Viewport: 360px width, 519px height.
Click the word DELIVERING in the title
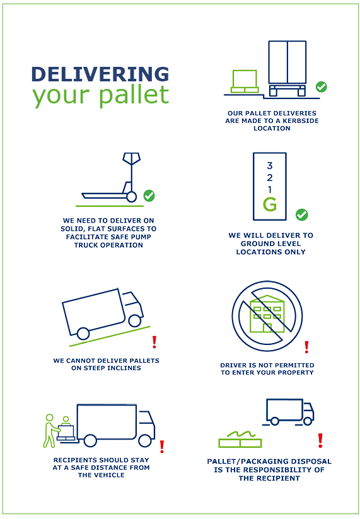point(100,74)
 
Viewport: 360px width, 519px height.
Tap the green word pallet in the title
point(134,95)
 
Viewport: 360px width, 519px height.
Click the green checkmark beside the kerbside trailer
point(321,87)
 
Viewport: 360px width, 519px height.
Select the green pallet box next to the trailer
point(245,81)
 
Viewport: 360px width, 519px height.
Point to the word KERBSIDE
point(301,121)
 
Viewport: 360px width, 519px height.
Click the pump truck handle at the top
point(132,158)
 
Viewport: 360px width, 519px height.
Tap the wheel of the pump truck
point(132,197)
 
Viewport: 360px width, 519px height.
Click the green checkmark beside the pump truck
point(149,195)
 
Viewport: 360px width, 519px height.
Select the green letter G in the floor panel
point(270,204)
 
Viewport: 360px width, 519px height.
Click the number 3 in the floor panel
point(270,165)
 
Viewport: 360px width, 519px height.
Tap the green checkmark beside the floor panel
point(301,214)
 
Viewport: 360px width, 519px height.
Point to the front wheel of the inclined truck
point(135,320)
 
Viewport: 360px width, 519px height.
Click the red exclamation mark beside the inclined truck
point(154,342)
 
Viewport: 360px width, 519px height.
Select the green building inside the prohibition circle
point(267,314)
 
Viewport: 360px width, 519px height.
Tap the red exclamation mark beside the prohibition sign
point(306,347)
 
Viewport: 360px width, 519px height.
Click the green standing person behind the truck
point(50,431)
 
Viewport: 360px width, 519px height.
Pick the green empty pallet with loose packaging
point(240,440)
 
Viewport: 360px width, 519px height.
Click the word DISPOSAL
point(310,462)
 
